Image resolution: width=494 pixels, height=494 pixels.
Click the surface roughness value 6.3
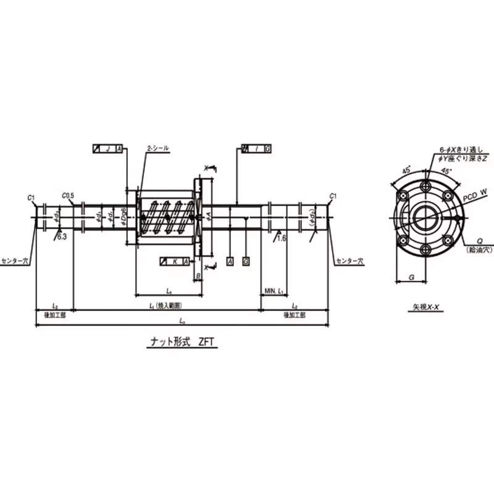point(62,236)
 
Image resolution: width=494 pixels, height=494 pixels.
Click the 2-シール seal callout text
point(157,149)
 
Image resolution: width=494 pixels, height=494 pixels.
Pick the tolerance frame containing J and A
point(107,149)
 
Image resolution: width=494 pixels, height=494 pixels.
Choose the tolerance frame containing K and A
point(175,261)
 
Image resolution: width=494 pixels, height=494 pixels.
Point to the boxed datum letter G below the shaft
point(246,262)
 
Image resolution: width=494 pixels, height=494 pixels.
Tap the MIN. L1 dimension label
point(272,290)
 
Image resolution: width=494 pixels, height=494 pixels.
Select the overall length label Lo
point(181,321)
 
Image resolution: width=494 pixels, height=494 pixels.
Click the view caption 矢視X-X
point(425,306)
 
